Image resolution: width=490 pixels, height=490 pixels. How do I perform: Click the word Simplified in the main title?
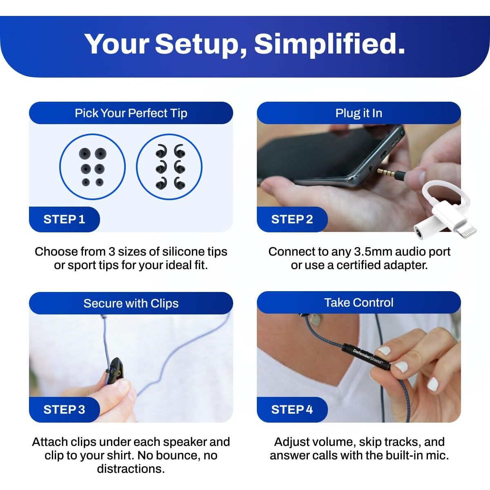330,44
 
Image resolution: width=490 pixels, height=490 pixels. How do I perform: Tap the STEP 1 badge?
65,219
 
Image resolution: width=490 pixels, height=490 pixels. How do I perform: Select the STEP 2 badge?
292,219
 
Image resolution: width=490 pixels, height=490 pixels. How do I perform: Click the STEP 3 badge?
65,410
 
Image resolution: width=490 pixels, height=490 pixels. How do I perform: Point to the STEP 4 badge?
292,410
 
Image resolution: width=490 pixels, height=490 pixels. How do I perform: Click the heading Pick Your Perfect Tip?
131,113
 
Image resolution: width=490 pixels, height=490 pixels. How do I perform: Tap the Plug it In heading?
359,113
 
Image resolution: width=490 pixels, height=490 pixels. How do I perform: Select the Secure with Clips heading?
131,303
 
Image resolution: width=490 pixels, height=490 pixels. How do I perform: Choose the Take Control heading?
359,303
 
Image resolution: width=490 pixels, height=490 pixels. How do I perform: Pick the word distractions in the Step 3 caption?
131,469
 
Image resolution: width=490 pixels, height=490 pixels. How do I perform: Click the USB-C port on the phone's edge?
383,155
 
